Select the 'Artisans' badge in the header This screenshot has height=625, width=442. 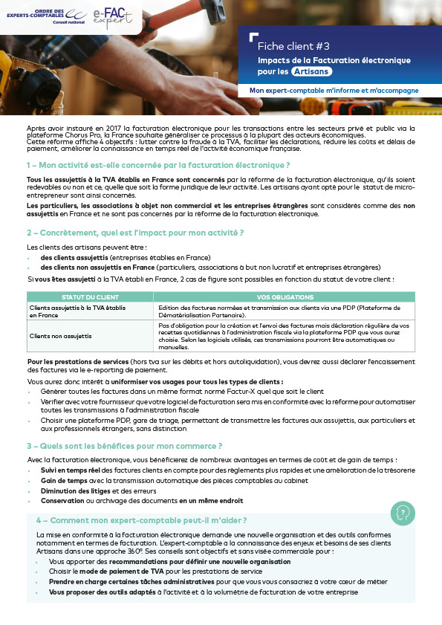tap(311, 72)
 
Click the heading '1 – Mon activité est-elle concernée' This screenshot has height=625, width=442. tap(157, 164)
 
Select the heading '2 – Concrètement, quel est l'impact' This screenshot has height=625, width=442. tap(135, 233)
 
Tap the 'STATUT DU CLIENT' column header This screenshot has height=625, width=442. tap(90, 297)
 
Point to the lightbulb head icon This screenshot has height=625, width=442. tap(403, 512)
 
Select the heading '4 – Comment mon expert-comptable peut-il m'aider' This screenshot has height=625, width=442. tap(141, 520)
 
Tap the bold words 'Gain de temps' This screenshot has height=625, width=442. tap(60, 480)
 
